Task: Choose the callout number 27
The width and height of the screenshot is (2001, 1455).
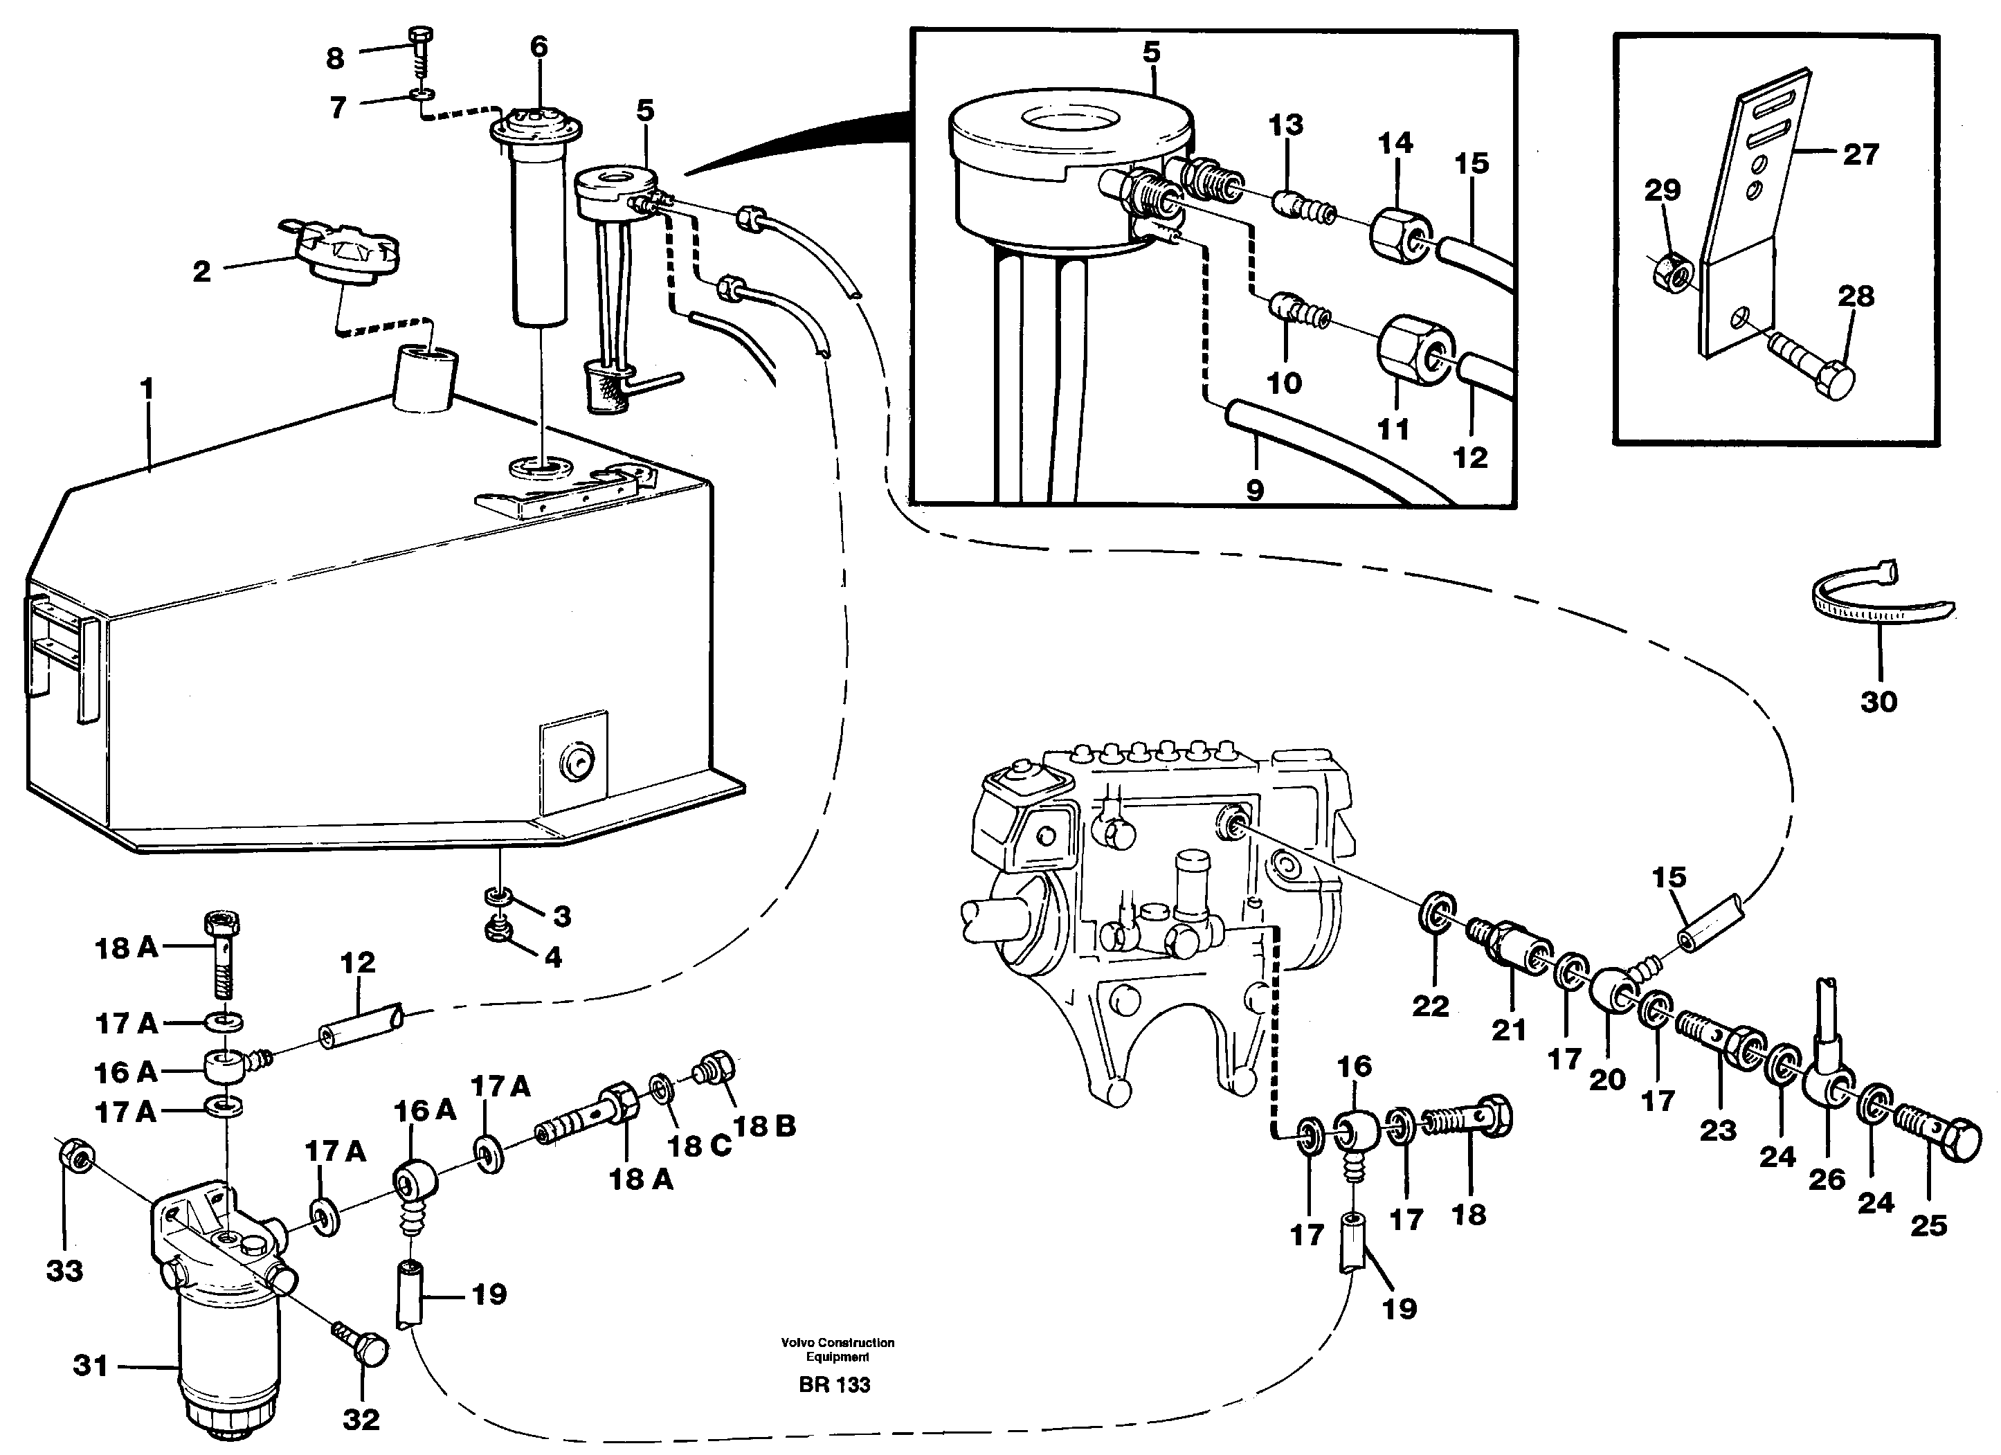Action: coord(1860,155)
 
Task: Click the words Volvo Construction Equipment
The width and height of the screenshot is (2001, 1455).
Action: coord(837,1349)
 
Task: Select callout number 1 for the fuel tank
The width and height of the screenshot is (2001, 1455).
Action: coord(147,389)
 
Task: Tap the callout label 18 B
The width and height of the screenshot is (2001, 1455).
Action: coord(764,1126)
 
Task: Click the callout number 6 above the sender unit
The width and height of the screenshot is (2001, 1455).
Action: coord(538,47)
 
